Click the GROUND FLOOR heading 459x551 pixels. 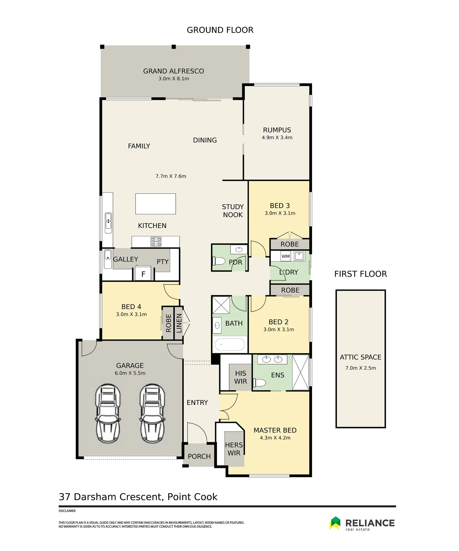[220, 30]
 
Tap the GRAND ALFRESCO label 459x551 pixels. [173, 71]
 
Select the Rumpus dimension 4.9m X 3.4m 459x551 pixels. [277, 137]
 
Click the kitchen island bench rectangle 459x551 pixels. [156, 204]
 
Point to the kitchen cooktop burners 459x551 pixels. [156, 242]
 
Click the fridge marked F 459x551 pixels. [143, 273]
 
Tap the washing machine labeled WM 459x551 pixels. [286, 256]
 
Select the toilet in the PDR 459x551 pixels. [219, 261]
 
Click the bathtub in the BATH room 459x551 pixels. [230, 344]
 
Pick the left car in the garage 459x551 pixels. [108, 413]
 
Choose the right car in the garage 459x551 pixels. [153, 413]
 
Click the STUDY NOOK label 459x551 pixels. [233, 211]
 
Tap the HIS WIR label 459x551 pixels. [240, 377]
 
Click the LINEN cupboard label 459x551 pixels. [179, 323]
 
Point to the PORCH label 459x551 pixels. [199, 456]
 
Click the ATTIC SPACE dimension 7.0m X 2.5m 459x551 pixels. [360, 368]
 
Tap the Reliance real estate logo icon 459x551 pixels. [335, 523]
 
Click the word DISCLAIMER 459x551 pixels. [67, 511]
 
